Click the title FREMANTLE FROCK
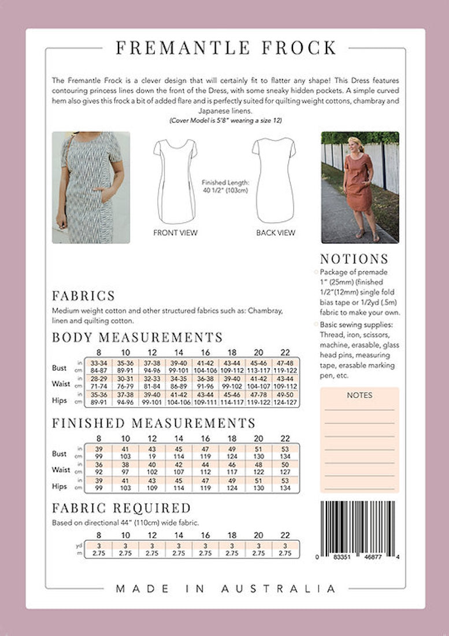226,48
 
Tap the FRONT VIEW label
175,233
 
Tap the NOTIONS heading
354,259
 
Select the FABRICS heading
83,296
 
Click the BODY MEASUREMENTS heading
137,337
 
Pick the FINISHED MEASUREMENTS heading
154,423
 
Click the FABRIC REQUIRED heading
121,509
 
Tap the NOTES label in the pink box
359,395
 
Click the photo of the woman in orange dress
359,187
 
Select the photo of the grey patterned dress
91,187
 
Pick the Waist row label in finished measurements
61,470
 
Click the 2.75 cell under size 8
98,553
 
